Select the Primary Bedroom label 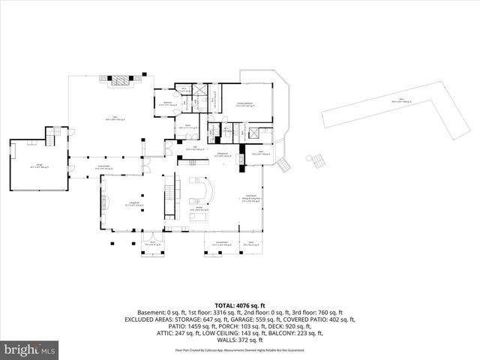[x=243, y=106]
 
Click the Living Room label [x=135, y=204]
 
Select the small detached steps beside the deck [x=318, y=161]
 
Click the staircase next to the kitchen [x=169, y=187]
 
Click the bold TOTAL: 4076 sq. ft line [x=239, y=305]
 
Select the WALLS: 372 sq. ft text [x=239, y=338]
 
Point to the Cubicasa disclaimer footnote [x=239, y=349]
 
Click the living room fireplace [x=104, y=201]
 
